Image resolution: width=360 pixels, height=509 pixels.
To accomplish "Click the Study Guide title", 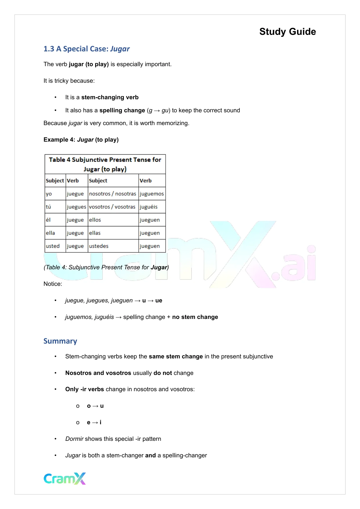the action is coord(287,32).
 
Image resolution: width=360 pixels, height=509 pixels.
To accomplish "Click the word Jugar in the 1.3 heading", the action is coord(120,49).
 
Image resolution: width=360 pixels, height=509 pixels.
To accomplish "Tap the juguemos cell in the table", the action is coord(152,194).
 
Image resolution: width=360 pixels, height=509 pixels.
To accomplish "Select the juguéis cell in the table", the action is coord(149,207).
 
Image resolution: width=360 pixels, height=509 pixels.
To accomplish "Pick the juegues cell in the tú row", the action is coord(76,207).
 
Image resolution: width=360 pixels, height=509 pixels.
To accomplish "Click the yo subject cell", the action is coord(49,194).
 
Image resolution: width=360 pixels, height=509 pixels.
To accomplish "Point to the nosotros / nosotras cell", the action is coord(113,194).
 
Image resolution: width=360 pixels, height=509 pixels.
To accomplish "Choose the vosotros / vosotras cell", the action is coord(112,207).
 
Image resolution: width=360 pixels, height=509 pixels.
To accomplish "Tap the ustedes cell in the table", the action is coord(99,246).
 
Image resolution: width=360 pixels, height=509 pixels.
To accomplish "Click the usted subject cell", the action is coord(53,246).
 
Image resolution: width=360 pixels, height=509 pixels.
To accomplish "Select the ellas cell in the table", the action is coord(95,233).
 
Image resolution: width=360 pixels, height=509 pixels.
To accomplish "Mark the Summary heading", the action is coord(60,341).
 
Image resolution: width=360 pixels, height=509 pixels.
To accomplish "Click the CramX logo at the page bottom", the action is coord(65,479).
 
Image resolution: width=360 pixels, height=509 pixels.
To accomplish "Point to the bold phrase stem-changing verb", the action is coord(110,98).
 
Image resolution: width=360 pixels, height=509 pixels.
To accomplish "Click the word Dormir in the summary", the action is coord(74,439).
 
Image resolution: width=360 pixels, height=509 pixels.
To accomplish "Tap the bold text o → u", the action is coord(95,406).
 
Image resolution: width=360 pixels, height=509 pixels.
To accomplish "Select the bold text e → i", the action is coord(94,423).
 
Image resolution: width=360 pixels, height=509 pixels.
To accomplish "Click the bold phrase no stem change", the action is coord(195,317).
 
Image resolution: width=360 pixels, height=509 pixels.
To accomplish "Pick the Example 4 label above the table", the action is coord(59,140).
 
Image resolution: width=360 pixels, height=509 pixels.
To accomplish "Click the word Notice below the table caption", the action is coord(53,284).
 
